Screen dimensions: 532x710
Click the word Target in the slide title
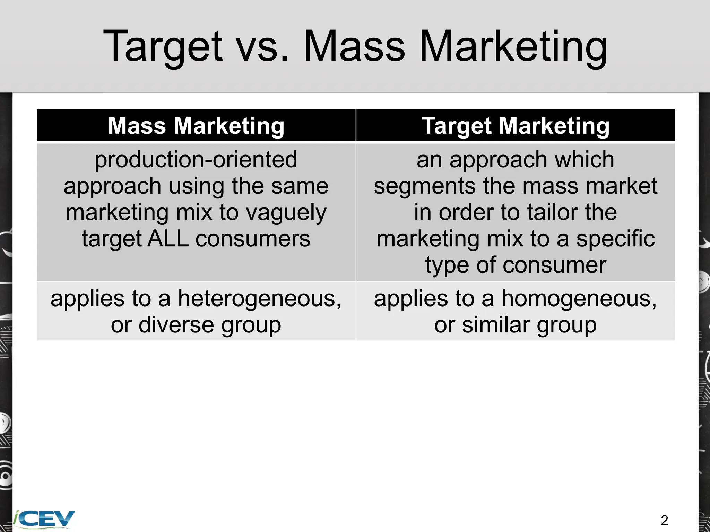pyautogui.click(x=163, y=47)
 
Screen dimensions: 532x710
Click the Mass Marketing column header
pyautogui.click(x=196, y=125)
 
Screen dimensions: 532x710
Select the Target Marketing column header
pyautogui.click(x=516, y=125)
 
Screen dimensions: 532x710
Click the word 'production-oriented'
pyautogui.click(x=196, y=159)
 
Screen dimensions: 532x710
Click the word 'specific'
pyautogui.click(x=616, y=239)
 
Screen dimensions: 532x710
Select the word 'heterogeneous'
pyautogui.click(x=259, y=299)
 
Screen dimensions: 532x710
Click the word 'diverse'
pyautogui.click(x=176, y=325)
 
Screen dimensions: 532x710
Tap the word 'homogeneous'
pyautogui.click(x=579, y=299)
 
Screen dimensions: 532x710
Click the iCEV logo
pyautogui.click(x=44, y=518)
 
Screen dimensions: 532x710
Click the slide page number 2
pyautogui.click(x=664, y=520)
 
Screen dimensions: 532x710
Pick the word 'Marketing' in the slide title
pyautogui.click(x=513, y=47)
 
